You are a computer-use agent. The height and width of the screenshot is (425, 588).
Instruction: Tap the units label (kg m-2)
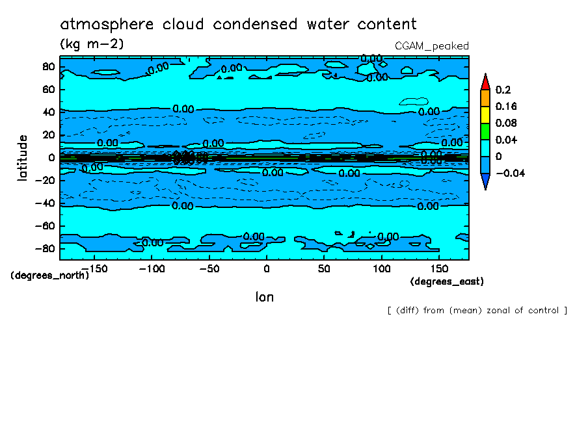[92, 44]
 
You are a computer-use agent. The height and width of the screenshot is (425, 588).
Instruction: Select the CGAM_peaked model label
[432, 45]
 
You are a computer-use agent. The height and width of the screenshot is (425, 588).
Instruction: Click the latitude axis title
[23, 158]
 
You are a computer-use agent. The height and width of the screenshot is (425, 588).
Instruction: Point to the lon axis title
[264, 297]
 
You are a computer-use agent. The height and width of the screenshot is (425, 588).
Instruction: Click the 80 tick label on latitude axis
[48, 67]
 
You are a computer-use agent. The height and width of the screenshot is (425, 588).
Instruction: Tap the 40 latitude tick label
[48, 112]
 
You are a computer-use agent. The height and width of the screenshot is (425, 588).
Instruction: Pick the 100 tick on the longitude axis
[382, 268]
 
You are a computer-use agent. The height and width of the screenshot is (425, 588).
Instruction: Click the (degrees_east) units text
[447, 281]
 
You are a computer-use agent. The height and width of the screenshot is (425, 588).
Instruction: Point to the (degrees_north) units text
[50, 275]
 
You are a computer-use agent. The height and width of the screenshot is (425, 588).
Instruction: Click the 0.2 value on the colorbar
[502, 90]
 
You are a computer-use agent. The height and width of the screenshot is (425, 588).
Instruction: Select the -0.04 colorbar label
[510, 173]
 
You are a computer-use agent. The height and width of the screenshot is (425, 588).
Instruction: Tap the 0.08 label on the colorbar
[505, 123]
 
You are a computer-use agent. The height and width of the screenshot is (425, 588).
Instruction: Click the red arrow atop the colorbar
[485, 82]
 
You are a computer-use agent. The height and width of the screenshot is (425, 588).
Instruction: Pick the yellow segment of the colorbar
[485, 114]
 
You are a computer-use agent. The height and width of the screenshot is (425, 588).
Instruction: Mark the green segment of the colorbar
[485, 131]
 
